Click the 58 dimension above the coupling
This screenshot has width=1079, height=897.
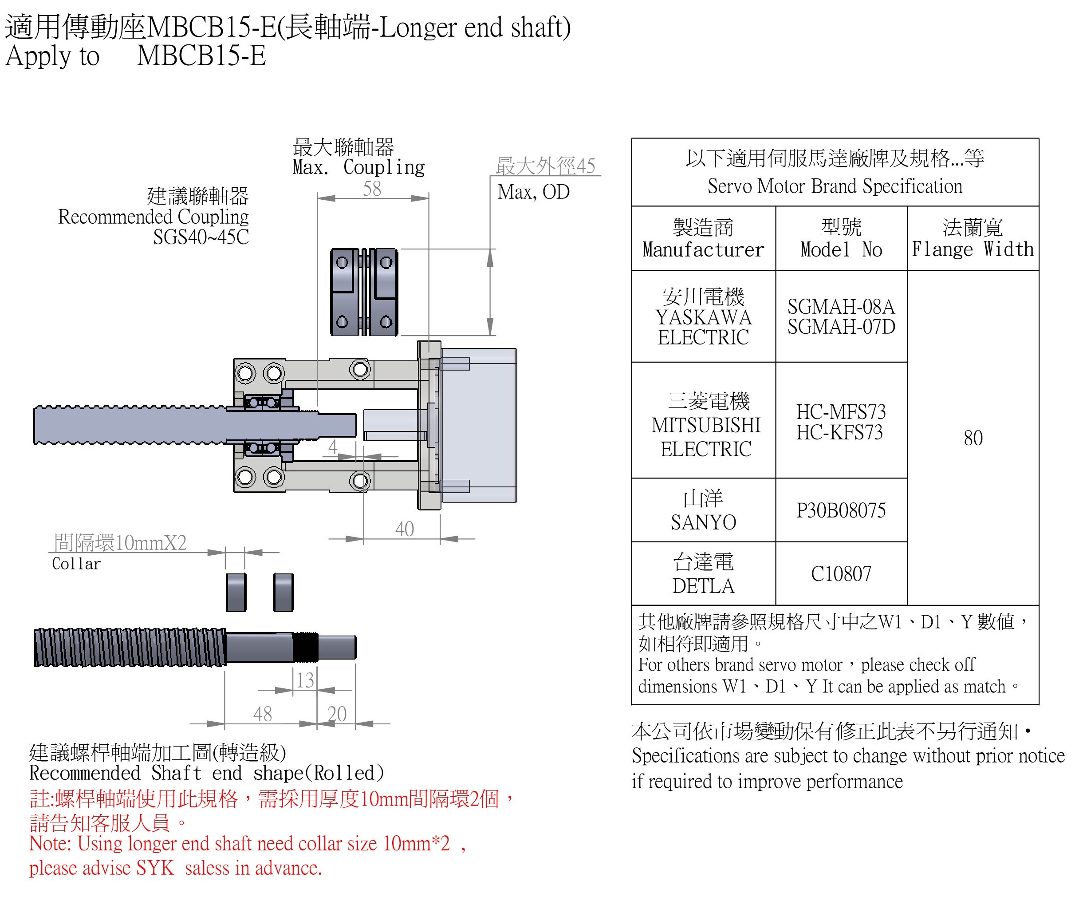[x=372, y=189]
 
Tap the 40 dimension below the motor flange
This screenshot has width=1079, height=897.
[x=404, y=529]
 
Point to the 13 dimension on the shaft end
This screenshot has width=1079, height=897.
[x=305, y=680]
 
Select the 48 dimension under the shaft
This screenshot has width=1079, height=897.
[x=263, y=714]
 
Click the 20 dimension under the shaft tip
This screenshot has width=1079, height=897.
[x=337, y=714]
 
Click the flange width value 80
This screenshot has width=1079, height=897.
[x=973, y=438]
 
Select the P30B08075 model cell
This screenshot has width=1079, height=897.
[x=841, y=510]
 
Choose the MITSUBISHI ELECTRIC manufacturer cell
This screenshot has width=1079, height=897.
[x=706, y=426]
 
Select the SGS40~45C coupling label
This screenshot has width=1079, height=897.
[x=201, y=237]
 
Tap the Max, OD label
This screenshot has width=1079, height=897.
[x=533, y=192]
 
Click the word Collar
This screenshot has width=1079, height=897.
[x=77, y=564]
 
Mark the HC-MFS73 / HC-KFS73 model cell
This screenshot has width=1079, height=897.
[x=841, y=422]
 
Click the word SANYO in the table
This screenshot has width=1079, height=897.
[x=703, y=522]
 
